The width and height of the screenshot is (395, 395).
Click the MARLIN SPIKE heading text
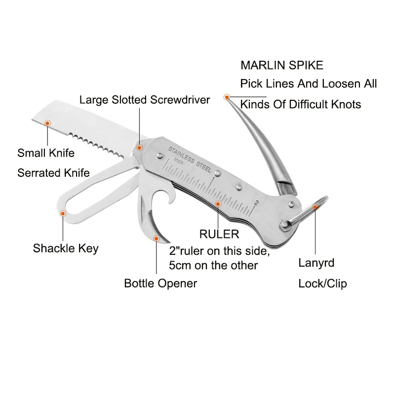[282, 65]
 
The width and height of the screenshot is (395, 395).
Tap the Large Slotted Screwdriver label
[145, 100]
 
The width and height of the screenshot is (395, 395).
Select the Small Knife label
[46, 153]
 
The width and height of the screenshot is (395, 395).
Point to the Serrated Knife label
[53, 173]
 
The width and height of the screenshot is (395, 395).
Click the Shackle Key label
[66, 248]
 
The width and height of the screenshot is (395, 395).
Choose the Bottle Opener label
[160, 283]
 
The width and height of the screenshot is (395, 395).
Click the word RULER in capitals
[219, 234]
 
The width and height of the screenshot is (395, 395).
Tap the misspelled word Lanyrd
[316, 263]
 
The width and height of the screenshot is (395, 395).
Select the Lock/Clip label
[323, 283]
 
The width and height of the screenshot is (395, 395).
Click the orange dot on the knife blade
[47, 123]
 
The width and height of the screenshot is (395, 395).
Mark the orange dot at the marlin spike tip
[227, 97]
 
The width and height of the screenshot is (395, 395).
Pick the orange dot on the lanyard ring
[315, 207]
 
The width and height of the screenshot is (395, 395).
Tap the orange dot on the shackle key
[63, 214]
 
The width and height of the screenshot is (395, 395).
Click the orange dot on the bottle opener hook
[157, 238]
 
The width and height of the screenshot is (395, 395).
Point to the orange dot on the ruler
[218, 203]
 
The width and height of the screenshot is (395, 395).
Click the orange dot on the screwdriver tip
[139, 148]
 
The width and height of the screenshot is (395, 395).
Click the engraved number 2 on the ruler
[256, 203]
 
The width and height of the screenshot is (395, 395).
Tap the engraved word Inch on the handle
[179, 161]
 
